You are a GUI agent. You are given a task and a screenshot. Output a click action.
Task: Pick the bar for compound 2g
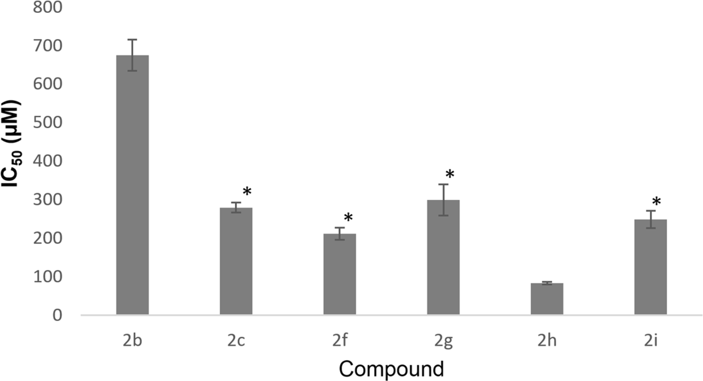443,257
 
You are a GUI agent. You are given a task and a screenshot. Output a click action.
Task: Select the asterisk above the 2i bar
656,202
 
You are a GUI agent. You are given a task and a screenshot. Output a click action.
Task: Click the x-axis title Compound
391,369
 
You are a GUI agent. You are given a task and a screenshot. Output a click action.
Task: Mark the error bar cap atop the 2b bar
132,40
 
